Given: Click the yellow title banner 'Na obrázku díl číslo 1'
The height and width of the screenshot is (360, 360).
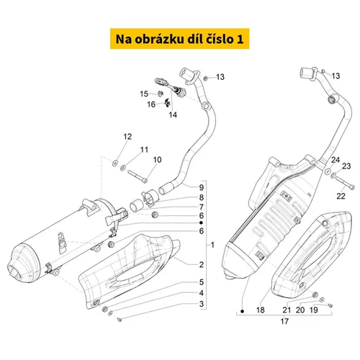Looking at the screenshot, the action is click(179, 39).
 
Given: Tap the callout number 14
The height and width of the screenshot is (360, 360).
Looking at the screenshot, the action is click(173, 114).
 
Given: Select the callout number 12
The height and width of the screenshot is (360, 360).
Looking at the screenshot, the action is click(127, 137).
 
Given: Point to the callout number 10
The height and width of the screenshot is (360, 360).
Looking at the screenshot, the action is click(157, 160).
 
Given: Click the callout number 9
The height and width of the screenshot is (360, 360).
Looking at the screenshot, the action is click(202, 188).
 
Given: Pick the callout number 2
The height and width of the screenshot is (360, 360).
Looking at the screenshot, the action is click(202, 264).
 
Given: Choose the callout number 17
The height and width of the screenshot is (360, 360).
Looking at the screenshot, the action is click(284, 321).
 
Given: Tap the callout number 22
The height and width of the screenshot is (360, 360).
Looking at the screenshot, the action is click(341, 196).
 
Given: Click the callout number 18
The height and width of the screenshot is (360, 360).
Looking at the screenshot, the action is click(261, 310).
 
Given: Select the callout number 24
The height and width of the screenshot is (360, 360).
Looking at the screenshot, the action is click(336, 160).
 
